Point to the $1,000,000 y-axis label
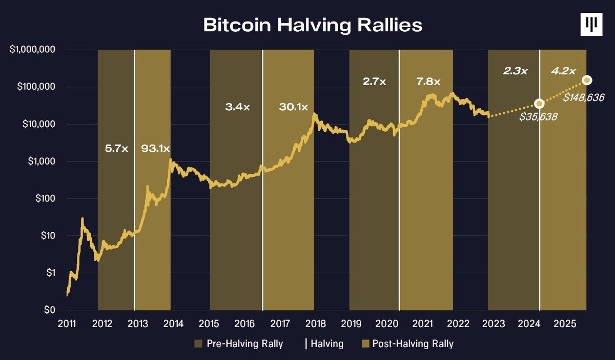32,50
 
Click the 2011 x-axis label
67,324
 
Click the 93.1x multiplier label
155,149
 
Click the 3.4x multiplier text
237,107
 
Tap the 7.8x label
428,81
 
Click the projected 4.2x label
563,71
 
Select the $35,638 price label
538,117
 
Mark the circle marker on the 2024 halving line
539,104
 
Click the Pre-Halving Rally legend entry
239,344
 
